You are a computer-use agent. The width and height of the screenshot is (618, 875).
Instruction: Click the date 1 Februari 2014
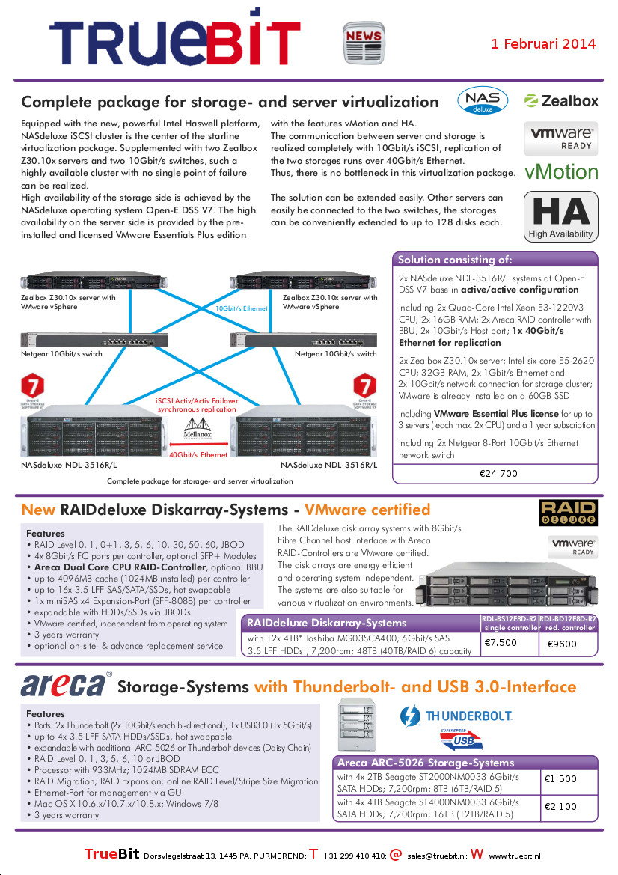(x=543, y=43)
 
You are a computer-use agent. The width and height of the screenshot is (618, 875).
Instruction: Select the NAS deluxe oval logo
(x=483, y=102)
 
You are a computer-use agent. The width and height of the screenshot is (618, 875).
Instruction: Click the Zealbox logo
(x=561, y=101)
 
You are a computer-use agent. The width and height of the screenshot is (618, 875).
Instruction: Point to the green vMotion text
(x=561, y=172)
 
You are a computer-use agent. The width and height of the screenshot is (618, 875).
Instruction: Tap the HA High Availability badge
(x=561, y=216)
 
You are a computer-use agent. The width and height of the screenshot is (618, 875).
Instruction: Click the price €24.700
(x=498, y=473)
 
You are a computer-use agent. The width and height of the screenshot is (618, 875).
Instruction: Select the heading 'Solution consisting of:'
(x=455, y=260)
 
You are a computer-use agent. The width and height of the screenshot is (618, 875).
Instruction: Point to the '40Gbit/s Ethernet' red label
(x=198, y=454)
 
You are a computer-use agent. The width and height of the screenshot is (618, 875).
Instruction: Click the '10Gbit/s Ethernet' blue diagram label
(x=242, y=308)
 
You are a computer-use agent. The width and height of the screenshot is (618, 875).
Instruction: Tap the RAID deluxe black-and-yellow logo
(x=568, y=513)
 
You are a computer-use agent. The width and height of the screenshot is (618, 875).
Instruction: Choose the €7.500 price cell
(x=501, y=642)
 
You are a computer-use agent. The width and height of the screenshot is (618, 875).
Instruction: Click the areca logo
(x=64, y=685)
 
